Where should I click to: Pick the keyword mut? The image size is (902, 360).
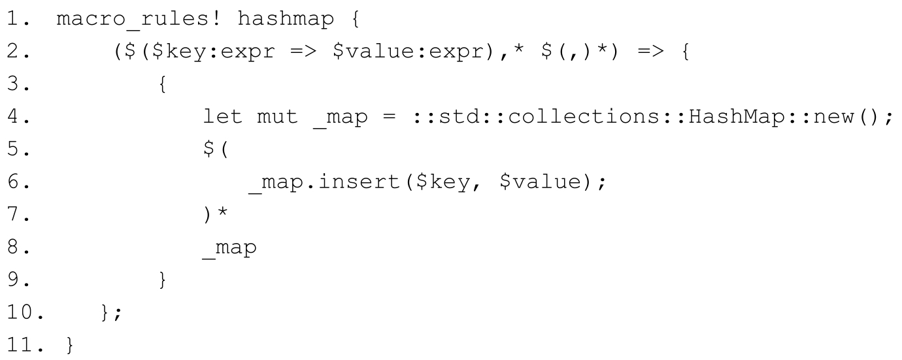coord(276,118)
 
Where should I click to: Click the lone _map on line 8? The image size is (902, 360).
coord(231,249)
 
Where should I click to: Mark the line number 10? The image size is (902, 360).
coord(24,314)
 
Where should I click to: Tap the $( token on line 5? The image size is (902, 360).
coord(214,150)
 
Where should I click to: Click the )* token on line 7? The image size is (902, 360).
coord(214,216)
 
